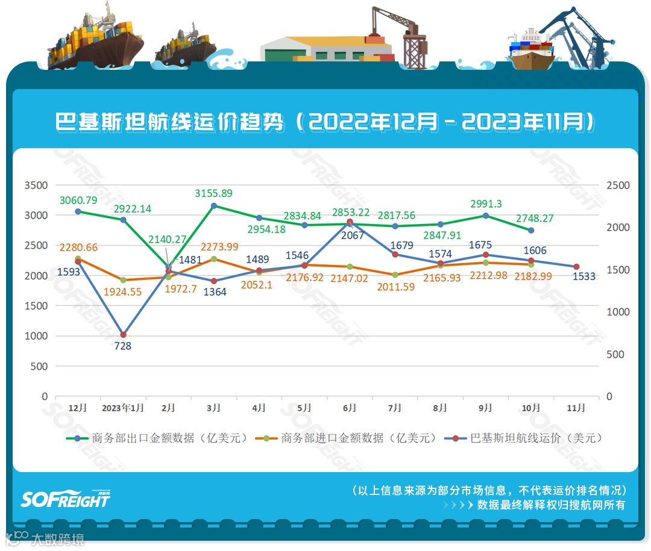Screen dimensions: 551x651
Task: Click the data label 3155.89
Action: pyautogui.click(x=213, y=193)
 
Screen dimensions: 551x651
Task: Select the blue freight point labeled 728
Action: pyautogui.click(x=123, y=335)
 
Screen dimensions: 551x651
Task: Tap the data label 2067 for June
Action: pyautogui.click(x=353, y=235)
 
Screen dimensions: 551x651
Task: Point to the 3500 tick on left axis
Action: pyautogui.click(x=36, y=185)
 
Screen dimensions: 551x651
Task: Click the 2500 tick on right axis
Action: pyautogui.click(x=618, y=185)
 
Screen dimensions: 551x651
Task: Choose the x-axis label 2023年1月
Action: pyautogui.click(x=123, y=408)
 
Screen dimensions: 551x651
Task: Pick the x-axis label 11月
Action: pyautogui.click(x=576, y=408)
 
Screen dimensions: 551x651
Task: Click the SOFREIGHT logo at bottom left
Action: pyautogui.click(x=65, y=499)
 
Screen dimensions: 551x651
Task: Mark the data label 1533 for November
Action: pyautogui.click(x=584, y=276)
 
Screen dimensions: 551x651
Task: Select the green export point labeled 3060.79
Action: pyautogui.click(x=78, y=211)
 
